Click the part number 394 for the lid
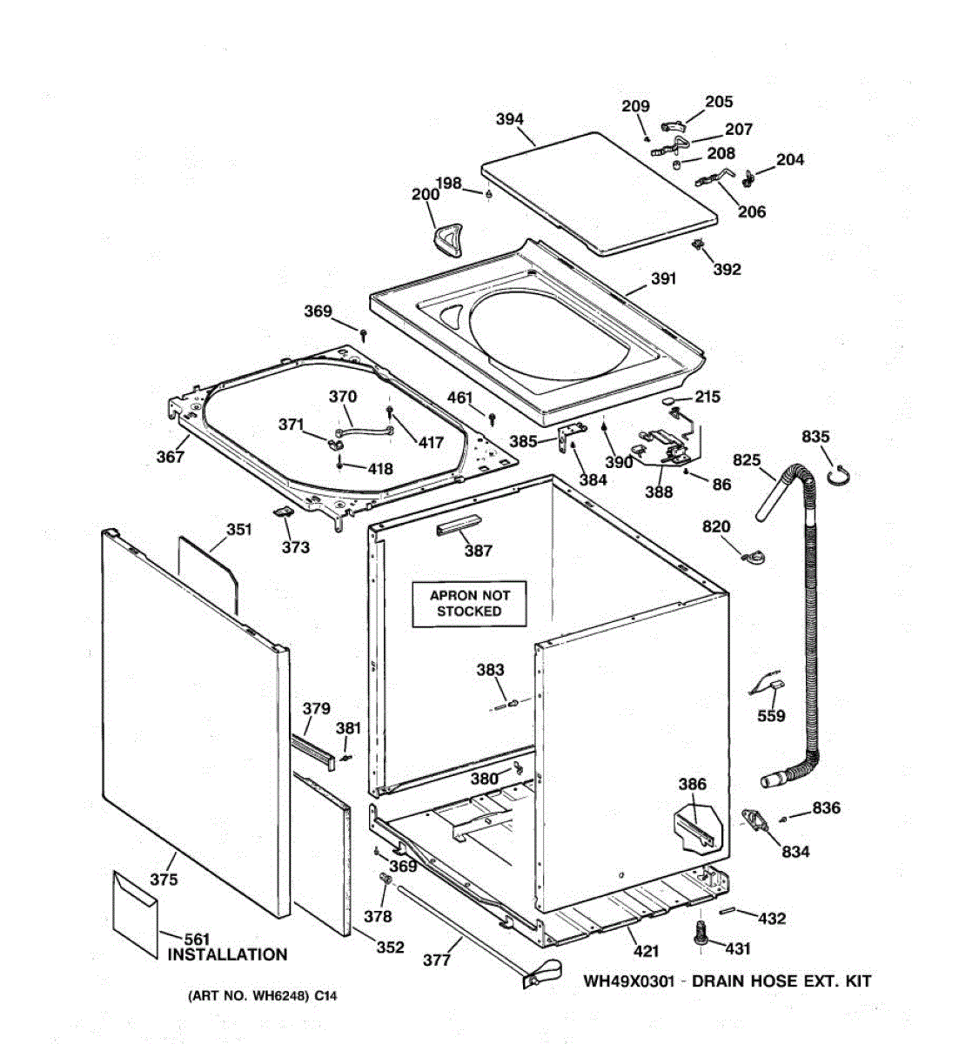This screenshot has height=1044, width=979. (x=509, y=119)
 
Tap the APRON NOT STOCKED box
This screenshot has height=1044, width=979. (x=469, y=604)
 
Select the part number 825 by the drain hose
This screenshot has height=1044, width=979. (x=747, y=459)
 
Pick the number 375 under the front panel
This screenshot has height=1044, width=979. (x=164, y=880)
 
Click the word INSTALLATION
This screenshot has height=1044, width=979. (x=226, y=954)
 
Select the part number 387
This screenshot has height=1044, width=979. (x=479, y=550)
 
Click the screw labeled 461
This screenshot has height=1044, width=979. (x=492, y=420)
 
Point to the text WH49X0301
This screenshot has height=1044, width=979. (x=628, y=980)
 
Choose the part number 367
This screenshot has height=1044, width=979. (x=171, y=456)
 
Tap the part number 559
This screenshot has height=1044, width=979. (x=771, y=715)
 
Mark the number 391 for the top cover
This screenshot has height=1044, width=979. (x=663, y=279)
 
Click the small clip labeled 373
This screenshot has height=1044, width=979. (x=282, y=512)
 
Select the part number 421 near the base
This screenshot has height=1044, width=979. (x=645, y=951)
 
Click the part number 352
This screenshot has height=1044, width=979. (x=390, y=947)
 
